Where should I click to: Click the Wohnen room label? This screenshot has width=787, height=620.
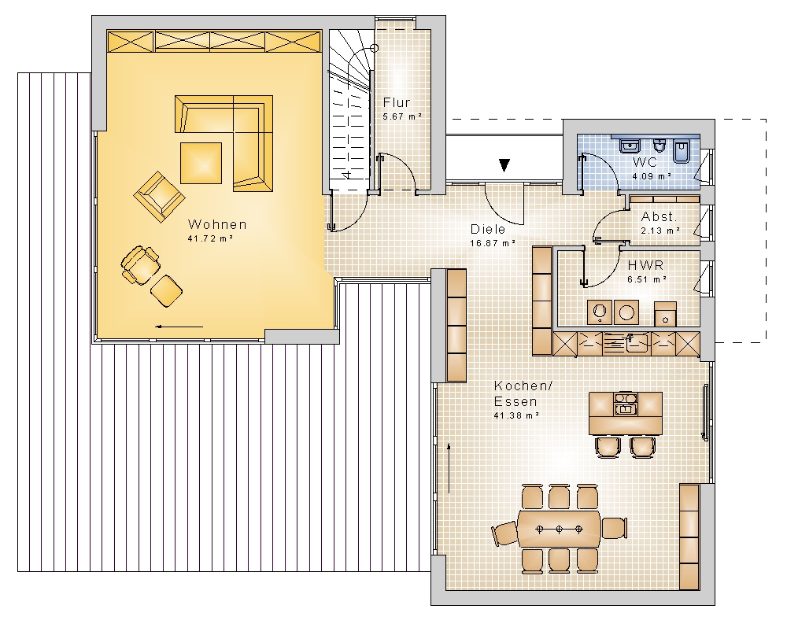pyautogui.click(x=217, y=224)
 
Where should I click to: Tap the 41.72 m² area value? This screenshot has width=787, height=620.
pyautogui.click(x=210, y=238)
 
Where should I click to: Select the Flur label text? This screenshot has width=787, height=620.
pyautogui.click(x=397, y=102)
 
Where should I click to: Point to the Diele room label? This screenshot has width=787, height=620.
pyautogui.click(x=487, y=229)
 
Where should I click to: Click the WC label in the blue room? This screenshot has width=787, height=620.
pyautogui.click(x=645, y=162)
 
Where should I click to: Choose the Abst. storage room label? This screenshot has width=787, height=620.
pyautogui.click(x=659, y=216)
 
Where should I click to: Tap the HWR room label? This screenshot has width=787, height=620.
pyautogui.click(x=645, y=265)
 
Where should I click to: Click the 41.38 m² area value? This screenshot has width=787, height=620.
pyautogui.click(x=516, y=415)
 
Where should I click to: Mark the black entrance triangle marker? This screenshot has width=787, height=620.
pyautogui.click(x=504, y=165)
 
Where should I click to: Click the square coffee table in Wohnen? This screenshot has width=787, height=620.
pyautogui.click(x=201, y=163)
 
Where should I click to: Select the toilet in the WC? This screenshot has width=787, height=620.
pyautogui.click(x=659, y=145)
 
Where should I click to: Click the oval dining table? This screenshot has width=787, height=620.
pyautogui.click(x=559, y=530)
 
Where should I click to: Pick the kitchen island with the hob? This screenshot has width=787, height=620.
pyautogui.click(x=626, y=413)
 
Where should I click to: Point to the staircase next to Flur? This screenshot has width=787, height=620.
pyautogui.click(x=349, y=109)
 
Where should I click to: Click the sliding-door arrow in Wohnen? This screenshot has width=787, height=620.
pyautogui.click(x=179, y=327)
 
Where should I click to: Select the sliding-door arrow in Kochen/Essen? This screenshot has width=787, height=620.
pyautogui.click(x=449, y=468)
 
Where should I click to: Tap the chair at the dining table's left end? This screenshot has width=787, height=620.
pyautogui.click(x=505, y=533)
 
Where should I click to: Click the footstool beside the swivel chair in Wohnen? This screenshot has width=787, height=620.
pyautogui.click(x=166, y=291)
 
